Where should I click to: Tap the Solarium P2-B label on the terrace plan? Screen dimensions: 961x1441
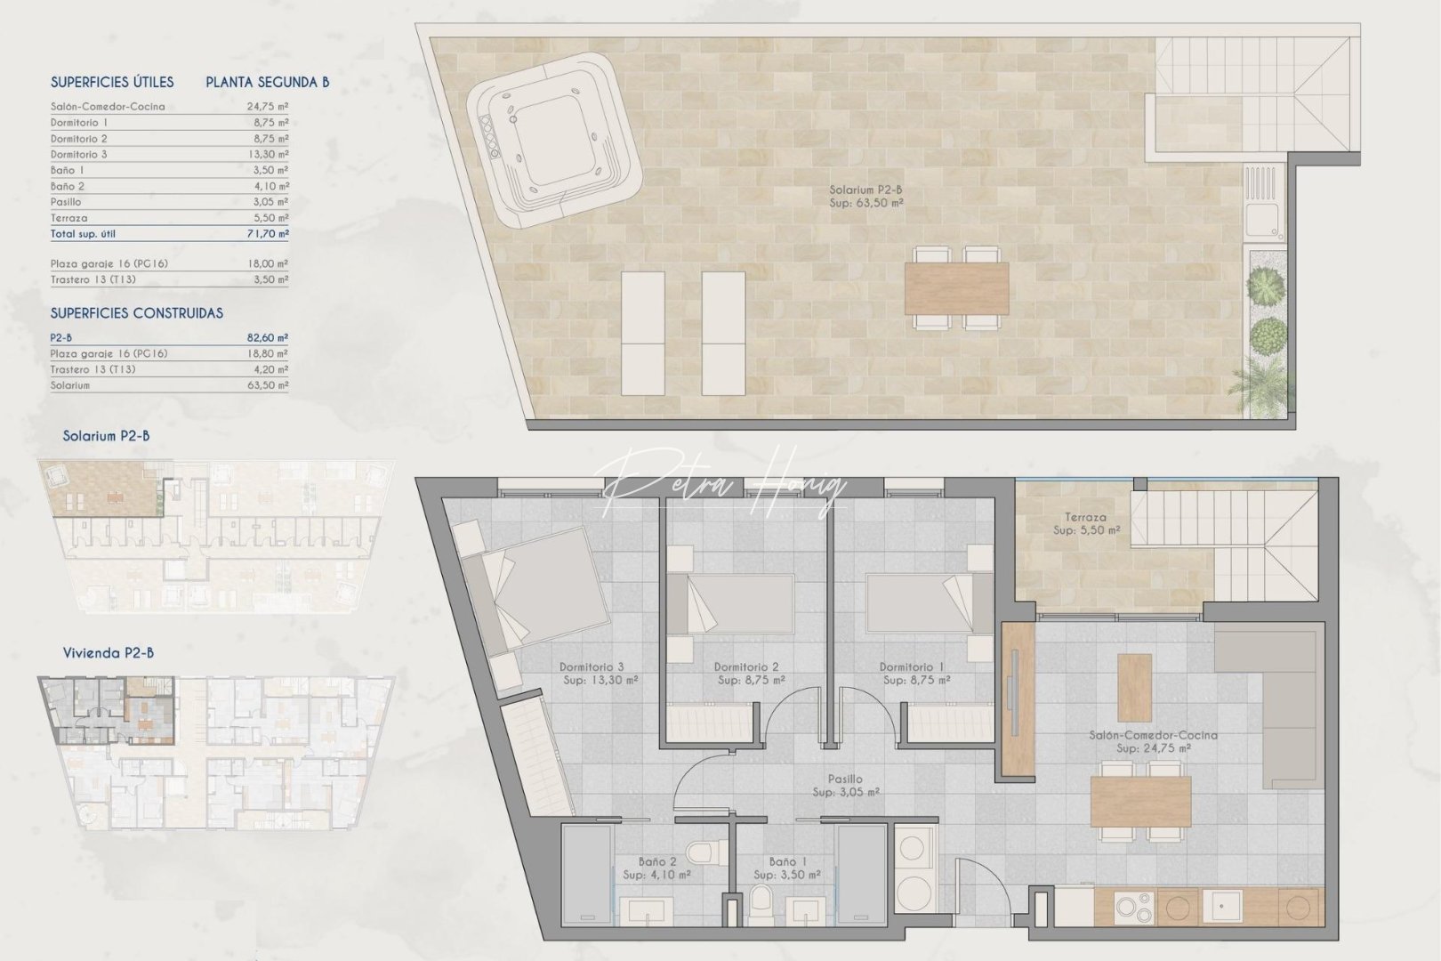click(865, 196)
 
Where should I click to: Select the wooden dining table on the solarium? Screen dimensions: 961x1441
click(957, 287)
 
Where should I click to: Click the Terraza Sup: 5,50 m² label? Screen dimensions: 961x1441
click(1086, 523)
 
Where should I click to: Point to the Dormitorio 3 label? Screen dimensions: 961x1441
click(592, 673)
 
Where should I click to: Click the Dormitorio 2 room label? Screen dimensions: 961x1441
click(747, 673)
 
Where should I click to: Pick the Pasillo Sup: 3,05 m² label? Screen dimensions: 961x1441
click(845, 786)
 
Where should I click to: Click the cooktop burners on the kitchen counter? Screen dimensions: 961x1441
click(1133, 909)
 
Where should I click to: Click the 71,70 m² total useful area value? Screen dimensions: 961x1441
click(269, 234)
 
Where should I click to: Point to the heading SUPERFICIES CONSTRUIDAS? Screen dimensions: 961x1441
click(136, 313)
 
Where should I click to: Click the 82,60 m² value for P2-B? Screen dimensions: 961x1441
click(269, 338)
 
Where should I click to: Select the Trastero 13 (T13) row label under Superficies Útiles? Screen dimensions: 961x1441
click(93, 279)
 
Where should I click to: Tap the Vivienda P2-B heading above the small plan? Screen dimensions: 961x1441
click(109, 652)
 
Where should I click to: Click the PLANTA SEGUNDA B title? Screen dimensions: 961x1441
click(267, 82)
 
